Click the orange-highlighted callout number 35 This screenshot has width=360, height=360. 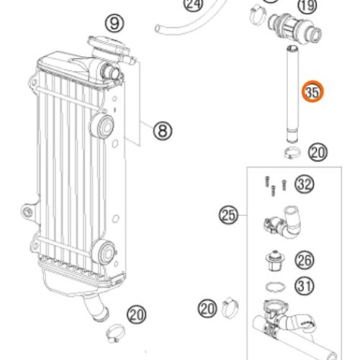tap(312, 91)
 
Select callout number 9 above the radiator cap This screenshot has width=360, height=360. tap(114, 24)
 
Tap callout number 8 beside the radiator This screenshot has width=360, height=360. tap(163, 131)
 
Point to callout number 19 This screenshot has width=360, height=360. tap(307, 5)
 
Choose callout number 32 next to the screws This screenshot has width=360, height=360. tap(305, 184)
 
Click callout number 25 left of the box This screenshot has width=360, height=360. tap(228, 215)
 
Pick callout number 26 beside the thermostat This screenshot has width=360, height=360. tap(305, 260)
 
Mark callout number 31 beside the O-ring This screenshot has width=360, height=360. tap(305, 286)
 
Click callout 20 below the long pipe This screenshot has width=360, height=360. tap(318, 152)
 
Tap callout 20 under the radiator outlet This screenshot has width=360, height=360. tap(137, 315)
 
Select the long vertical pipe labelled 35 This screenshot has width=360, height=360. tap(293, 94)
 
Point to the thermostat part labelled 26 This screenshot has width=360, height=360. tap(275, 261)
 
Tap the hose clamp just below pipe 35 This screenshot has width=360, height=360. tap(292, 153)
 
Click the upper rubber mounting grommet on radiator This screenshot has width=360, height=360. tap(102, 126)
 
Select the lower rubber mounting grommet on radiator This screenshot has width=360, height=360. tap(104, 253)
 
